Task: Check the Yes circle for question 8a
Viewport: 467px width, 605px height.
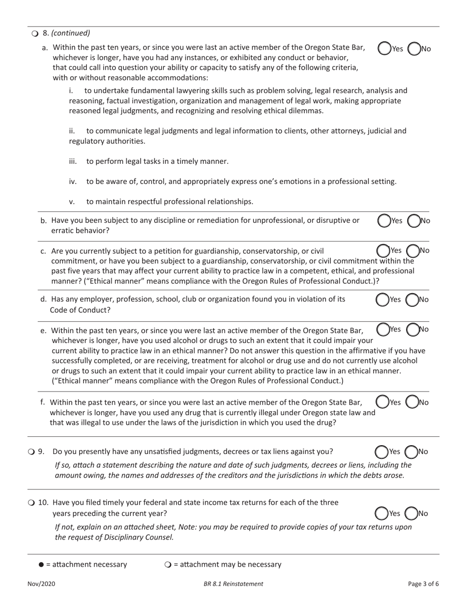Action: click(384, 48)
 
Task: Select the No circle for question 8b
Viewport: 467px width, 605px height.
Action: click(414, 221)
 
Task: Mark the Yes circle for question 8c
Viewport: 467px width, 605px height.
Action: click(382, 250)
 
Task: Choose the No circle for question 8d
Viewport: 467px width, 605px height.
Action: click(412, 300)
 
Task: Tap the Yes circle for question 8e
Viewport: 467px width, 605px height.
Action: click(382, 329)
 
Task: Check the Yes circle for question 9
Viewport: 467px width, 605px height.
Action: click(381, 452)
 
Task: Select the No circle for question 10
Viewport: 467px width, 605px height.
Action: click(411, 514)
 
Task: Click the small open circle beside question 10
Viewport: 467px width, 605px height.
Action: click(31, 503)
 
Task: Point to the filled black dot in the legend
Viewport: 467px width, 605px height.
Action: click(41, 565)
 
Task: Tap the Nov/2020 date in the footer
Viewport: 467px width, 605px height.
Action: click(41, 584)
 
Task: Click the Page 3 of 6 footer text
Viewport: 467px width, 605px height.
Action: click(423, 584)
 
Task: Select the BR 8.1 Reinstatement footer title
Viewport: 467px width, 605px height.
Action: click(233, 584)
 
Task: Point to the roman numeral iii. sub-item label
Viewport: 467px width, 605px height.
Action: click(73, 161)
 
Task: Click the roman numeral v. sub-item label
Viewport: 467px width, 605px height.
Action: click(72, 201)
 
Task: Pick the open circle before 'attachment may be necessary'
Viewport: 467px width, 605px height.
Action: click(168, 565)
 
